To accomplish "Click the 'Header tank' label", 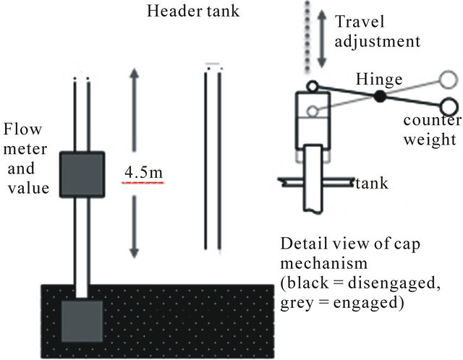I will [192, 12].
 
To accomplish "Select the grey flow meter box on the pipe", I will [82, 174].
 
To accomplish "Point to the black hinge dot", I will [380, 96].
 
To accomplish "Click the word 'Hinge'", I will [373, 77].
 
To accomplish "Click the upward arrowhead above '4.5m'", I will [134, 72].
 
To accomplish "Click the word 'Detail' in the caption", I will [302, 242].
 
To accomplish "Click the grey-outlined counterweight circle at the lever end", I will [447, 77].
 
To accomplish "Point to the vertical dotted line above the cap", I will [307, 36].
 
